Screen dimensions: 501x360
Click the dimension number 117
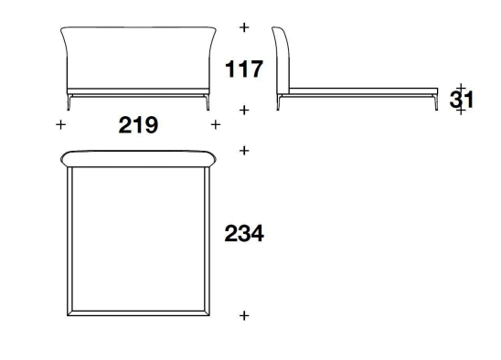[244, 69]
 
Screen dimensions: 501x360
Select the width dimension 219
[138, 125]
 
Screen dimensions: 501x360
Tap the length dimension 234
[244, 234]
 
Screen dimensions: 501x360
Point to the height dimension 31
[461, 100]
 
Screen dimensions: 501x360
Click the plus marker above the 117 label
[244, 27]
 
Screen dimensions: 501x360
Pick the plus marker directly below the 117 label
[244, 111]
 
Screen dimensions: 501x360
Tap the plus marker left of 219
[60, 124]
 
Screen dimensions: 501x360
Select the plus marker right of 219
[216, 124]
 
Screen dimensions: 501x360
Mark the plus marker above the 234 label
[244, 151]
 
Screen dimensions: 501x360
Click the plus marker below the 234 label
[244, 315]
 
